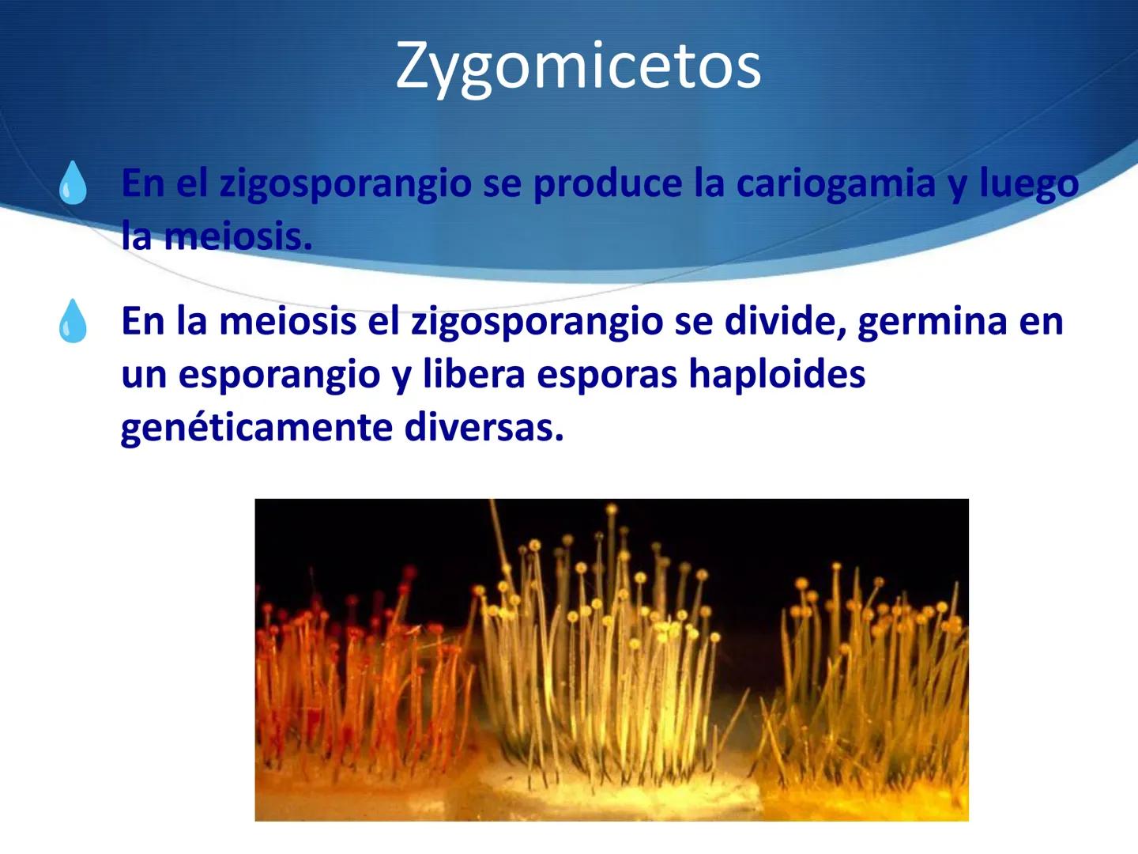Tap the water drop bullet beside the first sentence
tap(73, 183)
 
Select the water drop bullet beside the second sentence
tap(73, 321)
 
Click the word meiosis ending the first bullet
tap(238, 236)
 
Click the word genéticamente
tap(257, 429)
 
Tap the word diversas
tap(484, 428)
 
